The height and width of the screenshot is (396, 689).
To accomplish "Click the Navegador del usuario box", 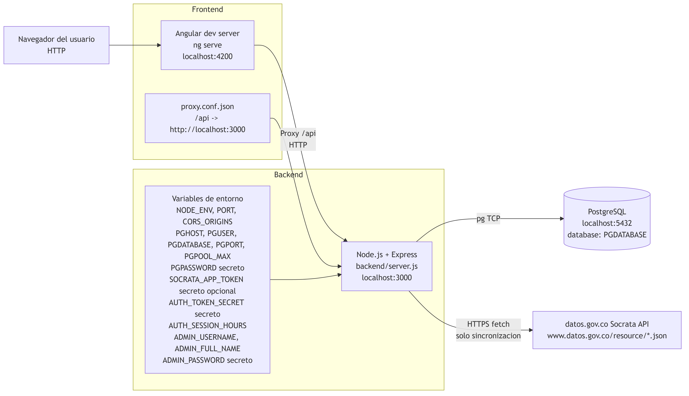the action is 56,45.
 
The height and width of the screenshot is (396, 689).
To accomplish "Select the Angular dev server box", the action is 207,45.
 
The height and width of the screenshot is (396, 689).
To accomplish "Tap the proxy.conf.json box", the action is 207,118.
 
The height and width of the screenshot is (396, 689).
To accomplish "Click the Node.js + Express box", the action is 387,266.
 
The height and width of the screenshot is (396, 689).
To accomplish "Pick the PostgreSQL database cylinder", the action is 607,218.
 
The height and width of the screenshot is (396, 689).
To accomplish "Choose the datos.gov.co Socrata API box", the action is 607,330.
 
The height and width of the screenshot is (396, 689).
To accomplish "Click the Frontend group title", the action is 207,10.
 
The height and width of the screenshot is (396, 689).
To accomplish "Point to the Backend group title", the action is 288,175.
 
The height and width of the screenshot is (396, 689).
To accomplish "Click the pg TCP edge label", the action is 488,218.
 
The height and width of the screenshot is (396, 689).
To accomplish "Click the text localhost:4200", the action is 207,57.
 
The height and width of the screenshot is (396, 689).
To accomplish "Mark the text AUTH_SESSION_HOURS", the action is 207,326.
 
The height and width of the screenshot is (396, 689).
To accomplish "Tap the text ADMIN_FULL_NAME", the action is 207,349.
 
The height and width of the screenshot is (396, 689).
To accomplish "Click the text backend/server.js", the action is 387,266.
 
